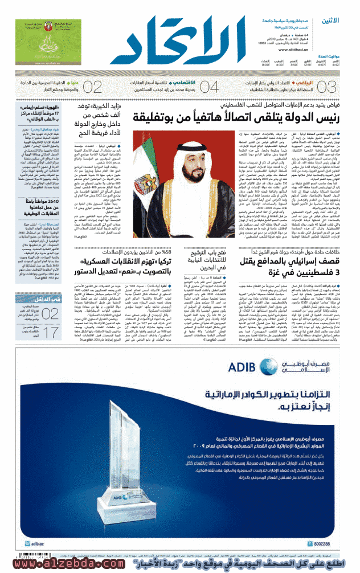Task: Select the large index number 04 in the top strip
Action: point(209,87)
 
